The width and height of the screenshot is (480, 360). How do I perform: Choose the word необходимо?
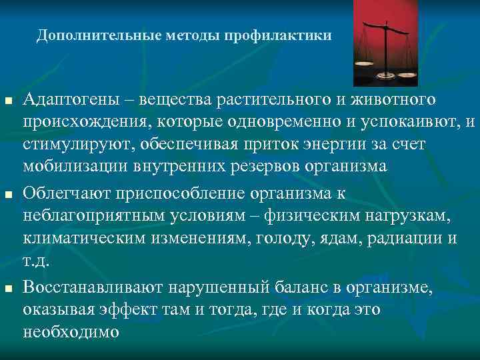coord(71,331)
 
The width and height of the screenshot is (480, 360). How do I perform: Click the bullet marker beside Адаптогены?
coord(8,101)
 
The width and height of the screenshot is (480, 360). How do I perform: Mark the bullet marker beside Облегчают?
coord(8,195)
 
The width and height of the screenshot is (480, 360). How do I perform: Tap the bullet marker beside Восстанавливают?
coord(8,288)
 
